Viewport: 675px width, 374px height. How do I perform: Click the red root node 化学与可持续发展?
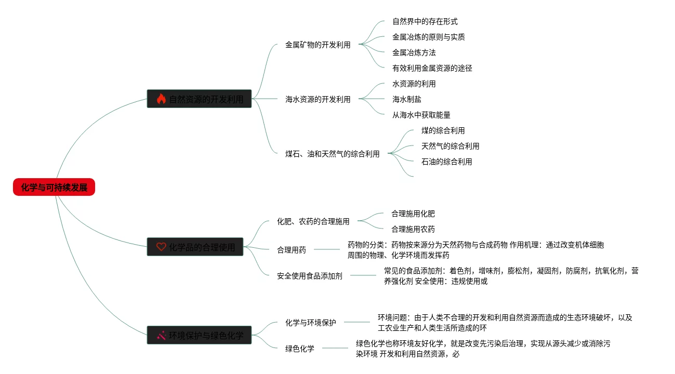[x=54, y=187]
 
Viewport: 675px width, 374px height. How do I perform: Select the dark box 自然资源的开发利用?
[x=199, y=99]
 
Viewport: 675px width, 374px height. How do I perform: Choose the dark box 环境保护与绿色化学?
[x=199, y=336]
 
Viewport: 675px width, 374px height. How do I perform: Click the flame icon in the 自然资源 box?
[x=161, y=99]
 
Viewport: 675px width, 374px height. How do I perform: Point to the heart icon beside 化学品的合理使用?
[x=161, y=247]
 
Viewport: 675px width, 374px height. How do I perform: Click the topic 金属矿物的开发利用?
[x=317, y=45]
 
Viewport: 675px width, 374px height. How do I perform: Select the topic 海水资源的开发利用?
[x=317, y=99]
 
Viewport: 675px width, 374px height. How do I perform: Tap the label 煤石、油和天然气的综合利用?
[x=332, y=154]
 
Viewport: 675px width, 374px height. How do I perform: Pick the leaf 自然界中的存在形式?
[x=425, y=21]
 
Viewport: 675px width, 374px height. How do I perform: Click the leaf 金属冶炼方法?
[x=414, y=52]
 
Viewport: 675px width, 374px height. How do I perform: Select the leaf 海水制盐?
[x=406, y=99]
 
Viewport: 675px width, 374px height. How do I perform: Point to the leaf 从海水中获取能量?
[x=421, y=115]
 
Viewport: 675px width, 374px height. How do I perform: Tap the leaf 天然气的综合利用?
[x=450, y=146]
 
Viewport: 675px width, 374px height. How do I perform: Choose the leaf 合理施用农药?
[x=413, y=229]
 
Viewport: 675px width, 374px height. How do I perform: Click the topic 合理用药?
[x=292, y=250]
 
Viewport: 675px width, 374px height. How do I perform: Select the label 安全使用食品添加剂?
[x=309, y=276]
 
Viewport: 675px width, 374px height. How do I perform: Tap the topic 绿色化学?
[x=300, y=349]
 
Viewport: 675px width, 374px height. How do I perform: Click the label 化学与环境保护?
[x=310, y=323]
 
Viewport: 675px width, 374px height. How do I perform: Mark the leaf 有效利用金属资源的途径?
[x=432, y=68]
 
